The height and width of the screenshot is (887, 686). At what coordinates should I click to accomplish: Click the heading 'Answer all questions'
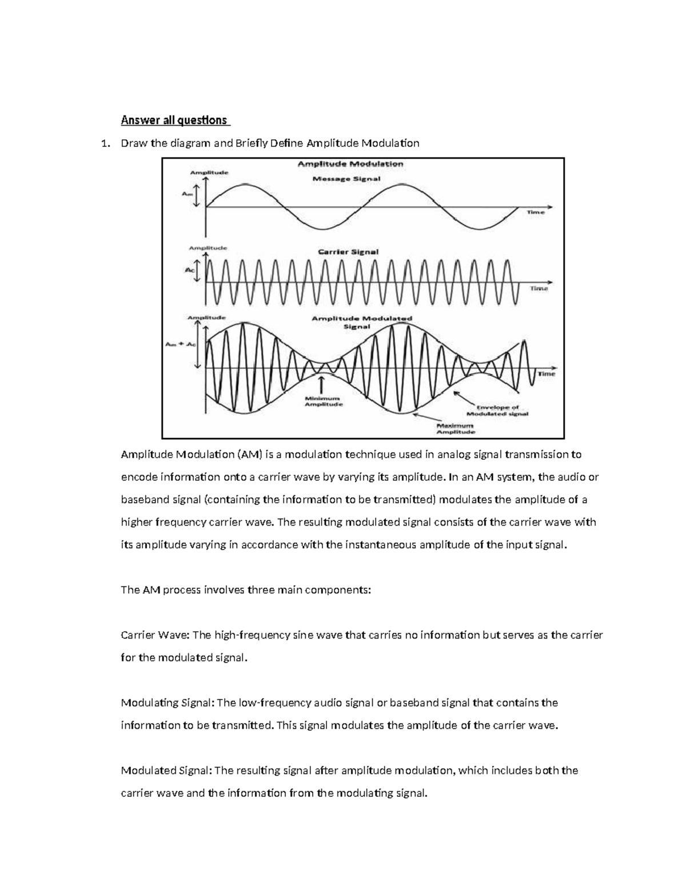click(x=174, y=121)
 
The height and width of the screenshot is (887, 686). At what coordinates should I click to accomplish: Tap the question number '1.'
click(x=105, y=143)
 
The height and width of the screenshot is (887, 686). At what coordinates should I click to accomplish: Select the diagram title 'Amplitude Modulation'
click(x=350, y=164)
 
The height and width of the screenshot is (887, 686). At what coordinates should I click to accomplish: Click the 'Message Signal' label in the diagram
click(x=346, y=179)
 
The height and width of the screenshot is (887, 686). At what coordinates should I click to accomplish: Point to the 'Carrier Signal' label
click(x=348, y=251)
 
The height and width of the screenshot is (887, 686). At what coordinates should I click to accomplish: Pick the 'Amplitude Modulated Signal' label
click(x=361, y=323)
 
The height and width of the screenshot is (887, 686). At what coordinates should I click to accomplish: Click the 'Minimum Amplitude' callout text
click(x=323, y=401)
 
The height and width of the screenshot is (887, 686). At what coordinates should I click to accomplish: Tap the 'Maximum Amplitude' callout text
click(x=456, y=429)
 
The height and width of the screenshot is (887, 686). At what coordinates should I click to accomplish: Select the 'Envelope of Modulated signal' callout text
click(x=497, y=411)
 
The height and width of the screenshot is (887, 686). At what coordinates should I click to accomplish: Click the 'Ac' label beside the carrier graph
click(x=190, y=271)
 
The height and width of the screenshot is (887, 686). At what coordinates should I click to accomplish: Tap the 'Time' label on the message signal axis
click(x=536, y=212)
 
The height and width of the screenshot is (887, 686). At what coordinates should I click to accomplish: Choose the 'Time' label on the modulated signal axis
click(x=546, y=374)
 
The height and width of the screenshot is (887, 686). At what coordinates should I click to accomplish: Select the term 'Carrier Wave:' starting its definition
click(x=156, y=635)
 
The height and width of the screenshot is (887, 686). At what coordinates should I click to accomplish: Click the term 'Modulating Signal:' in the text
click(x=167, y=703)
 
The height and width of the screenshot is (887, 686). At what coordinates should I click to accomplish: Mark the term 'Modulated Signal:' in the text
click(x=166, y=770)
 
